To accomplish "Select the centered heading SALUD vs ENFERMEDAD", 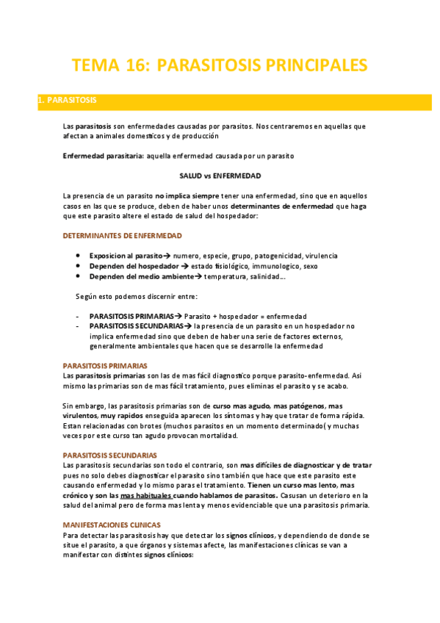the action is click(x=220, y=176).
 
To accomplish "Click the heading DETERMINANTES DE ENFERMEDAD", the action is click(x=123, y=236).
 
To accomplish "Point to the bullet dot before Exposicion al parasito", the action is click(x=78, y=256).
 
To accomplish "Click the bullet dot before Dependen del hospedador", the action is click(x=78, y=266).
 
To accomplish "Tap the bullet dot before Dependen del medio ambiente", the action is click(x=78, y=276).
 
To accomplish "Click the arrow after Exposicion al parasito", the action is click(x=167, y=256).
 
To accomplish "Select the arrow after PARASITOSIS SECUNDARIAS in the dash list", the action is click(x=189, y=325).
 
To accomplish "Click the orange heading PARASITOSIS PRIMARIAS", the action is click(x=105, y=365).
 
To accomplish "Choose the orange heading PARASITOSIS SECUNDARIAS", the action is click(x=110, y=455).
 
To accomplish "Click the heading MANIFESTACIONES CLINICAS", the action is click(x=112, y=525).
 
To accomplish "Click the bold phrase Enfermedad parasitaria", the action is click(x=103, y=156).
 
